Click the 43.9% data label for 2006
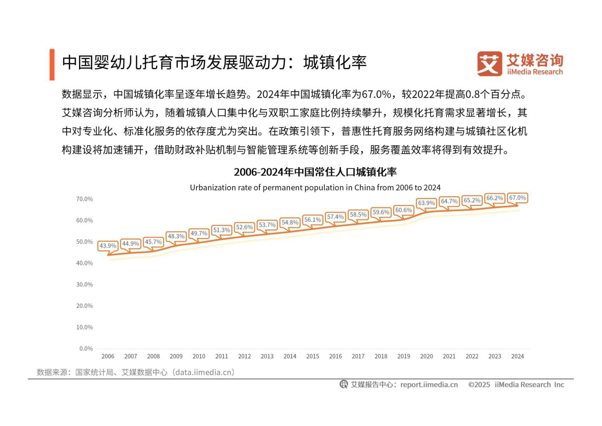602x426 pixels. click(108, 246)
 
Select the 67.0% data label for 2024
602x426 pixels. click(517, 198)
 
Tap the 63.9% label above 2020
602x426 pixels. click(426, 203)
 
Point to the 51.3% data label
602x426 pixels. click(222, 230)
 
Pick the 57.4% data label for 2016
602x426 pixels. click(335, 217)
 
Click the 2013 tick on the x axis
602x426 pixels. click(267, 356)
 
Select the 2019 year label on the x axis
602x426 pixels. click(404, 356)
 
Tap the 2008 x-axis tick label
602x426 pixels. click(153, 356)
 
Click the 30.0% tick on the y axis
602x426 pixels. click(84, 284)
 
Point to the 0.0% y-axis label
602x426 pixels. click(86, 348)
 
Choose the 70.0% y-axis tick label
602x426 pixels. click(84, 199)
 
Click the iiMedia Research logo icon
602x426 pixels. click(489, 64)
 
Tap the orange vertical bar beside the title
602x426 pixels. click(52, 64)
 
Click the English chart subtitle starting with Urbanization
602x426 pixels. click(315, 188)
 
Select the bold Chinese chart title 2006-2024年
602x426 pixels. click(315, 172)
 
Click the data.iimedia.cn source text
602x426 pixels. click(204, 372)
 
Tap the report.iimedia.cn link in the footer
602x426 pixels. click(429, 385)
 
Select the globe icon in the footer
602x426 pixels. click(343, 384)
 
